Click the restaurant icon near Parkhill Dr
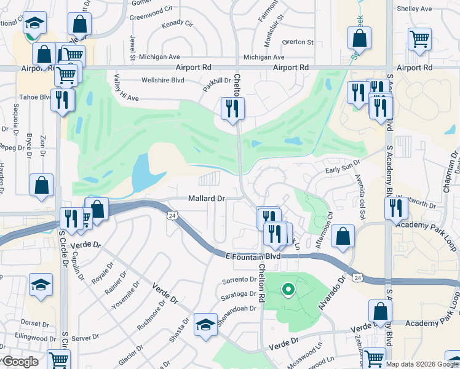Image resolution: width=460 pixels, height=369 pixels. [x=233, y=109]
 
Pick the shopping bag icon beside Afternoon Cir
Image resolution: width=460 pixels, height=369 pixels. [x=343, y=236]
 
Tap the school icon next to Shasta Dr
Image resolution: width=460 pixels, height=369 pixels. [x=205, y=325]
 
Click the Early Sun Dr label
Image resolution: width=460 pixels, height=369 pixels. [x=343, y=162]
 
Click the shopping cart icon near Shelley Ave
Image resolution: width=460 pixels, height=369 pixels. [x=419, y=38]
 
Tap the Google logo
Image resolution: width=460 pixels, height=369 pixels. [x=21, y=362]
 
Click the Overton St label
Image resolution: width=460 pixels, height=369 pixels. [x=298, y=42]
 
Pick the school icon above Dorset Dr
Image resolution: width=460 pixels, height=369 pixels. [x=41, y=285]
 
